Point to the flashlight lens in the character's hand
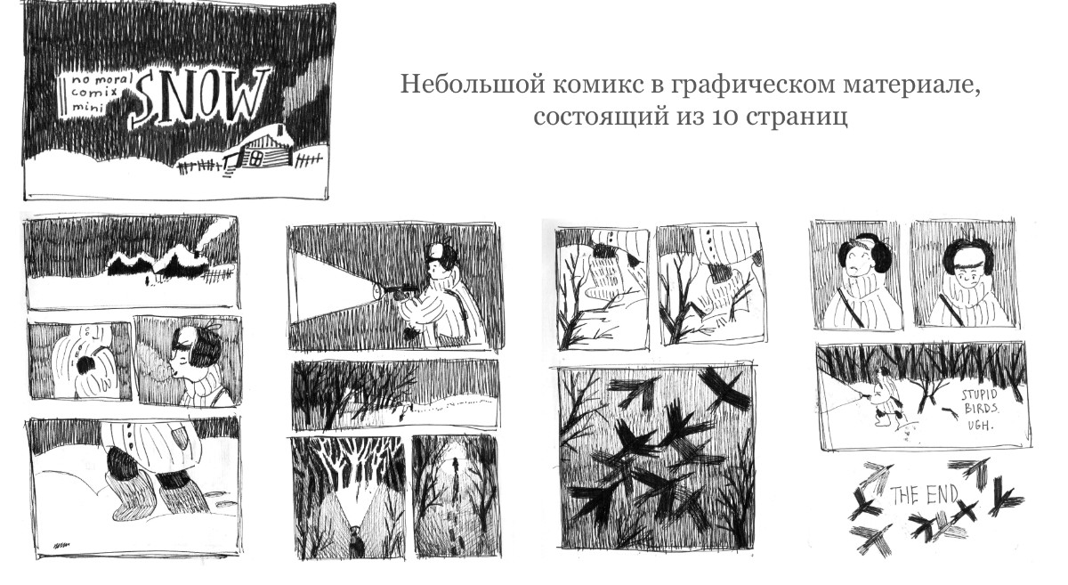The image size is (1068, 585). click(x=377, y=289)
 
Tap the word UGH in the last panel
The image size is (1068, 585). click(x=979, y=425)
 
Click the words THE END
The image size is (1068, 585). click(x=925, y=495)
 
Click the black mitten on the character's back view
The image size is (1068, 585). click(x=85, y=365)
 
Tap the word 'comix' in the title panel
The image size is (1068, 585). click(x=93, y=93)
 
